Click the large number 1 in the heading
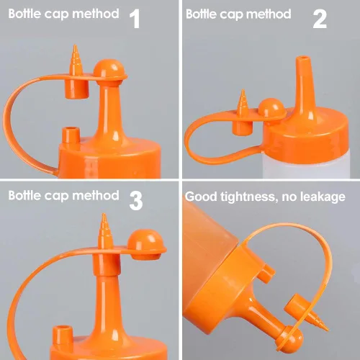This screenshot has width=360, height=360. [135, 19]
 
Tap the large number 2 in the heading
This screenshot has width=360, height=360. [320, 19]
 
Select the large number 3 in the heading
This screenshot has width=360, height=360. [136, 201]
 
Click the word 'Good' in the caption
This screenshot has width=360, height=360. [201, 197]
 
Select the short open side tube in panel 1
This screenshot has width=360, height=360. [71, 135]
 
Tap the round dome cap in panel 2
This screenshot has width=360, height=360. [272, 107]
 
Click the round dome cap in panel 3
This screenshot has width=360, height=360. [145, 244]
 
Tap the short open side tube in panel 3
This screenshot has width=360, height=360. [63, 335]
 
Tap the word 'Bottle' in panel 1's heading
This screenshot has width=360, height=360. [24, 14]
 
